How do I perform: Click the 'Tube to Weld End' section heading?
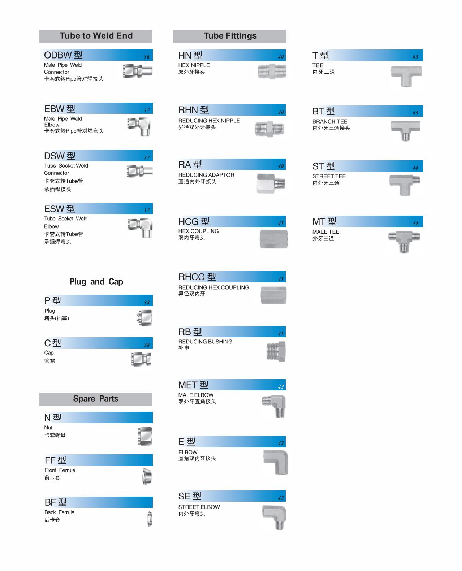pyautogui.click(x=96, y=36)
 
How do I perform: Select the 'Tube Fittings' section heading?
pyautogui.click(x=230, y=36)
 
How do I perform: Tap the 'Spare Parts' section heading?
pyautogui.click(x=96, y=399)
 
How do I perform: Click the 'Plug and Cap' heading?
pyautogui.click(x=96, y=282)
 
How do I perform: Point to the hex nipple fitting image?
pyautogui.click(x=272, y=72)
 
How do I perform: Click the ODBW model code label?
pyautogui.click(x=63, y=55)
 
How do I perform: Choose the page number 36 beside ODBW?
pyautogui.click(x=147, y=57)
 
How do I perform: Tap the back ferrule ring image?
pyautogui.click(x=150, y=519)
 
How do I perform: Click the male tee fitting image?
pyautogui.click(x=404, y=241)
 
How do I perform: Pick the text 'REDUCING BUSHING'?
pyautogui.click(x=205, y=342)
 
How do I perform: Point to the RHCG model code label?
pyautogui.click(x=197, y=277)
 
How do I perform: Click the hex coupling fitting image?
pyautogui.click(x=273, y=239)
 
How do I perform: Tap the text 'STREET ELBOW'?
pyautogui.click(x=199, y=507)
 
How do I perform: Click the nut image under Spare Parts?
pyautogui.click(x=145, y=436)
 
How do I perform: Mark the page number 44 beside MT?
pyautogui.click(x=415, y=223)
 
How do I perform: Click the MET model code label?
pyautogui.click(x=193, y=385)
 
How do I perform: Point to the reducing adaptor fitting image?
pyautogui.click(x=271, y=183)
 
